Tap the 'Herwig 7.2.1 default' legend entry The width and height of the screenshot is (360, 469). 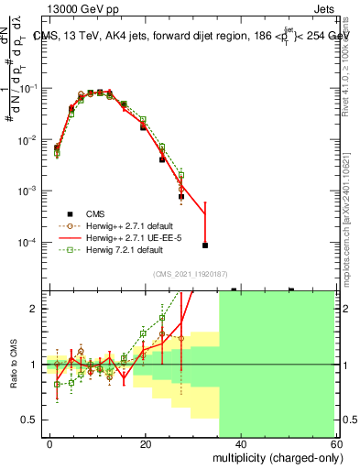coord(125,249)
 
